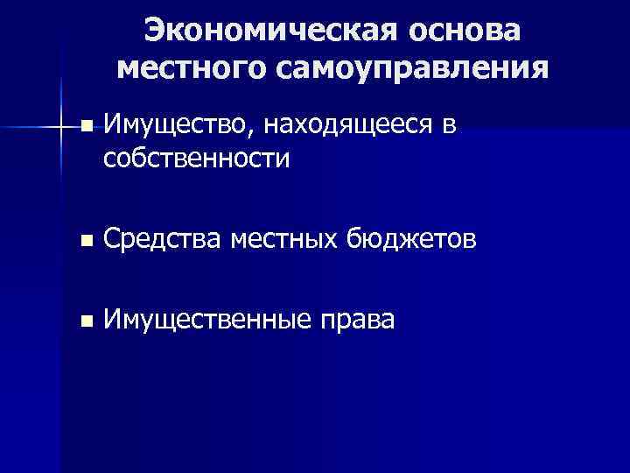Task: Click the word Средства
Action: tap(162, 239)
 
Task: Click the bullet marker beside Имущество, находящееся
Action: tap(85, 128)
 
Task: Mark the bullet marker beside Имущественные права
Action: tap(85, 321)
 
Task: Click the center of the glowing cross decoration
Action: tap(60, 128)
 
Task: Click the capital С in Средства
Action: tap(112, 239)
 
